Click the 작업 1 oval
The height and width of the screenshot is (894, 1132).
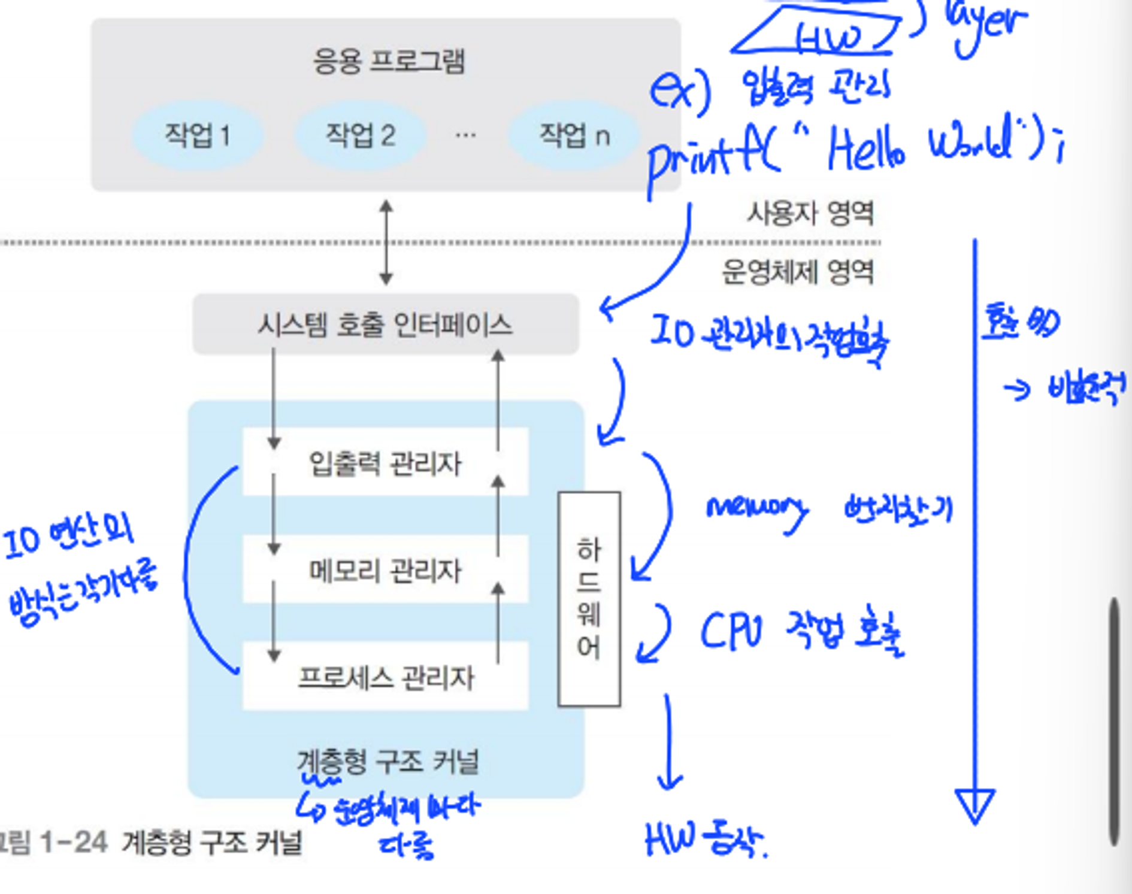198,135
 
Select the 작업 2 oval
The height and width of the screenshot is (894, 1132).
360,135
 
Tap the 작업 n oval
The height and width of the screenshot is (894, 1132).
574,135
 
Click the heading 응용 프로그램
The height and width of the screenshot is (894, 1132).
388,61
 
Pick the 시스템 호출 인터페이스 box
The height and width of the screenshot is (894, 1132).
385,325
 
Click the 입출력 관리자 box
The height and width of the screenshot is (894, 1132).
385,463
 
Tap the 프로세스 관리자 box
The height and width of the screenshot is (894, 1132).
385,677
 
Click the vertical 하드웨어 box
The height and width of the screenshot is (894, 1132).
589,599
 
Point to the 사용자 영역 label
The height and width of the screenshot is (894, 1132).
810,213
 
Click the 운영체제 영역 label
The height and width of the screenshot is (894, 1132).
798,271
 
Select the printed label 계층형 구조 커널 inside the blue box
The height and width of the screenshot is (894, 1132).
388,761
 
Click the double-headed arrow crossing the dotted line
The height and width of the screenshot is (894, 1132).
386,243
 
